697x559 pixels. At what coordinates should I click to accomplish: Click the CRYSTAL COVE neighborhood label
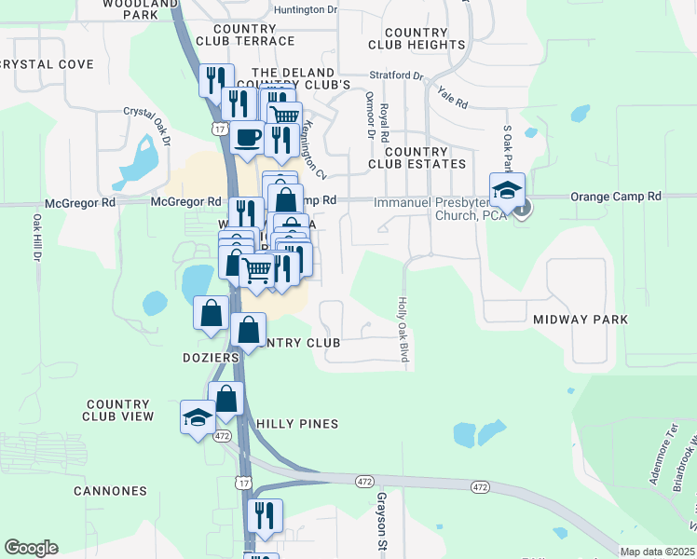(x=47, y=64)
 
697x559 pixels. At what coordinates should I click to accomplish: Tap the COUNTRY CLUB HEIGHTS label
(x=417, y=38)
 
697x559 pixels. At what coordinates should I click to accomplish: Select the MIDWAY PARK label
(x=581, y=320)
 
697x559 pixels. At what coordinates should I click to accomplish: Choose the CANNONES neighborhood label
(x=113, y=491)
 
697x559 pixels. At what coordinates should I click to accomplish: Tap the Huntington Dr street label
(x=306, y=9)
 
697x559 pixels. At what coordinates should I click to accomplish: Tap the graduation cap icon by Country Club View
(x=198, y=418)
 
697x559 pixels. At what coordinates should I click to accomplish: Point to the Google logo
(x=31, y=548)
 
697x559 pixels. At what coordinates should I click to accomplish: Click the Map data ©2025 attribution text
(x=658, y=552)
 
